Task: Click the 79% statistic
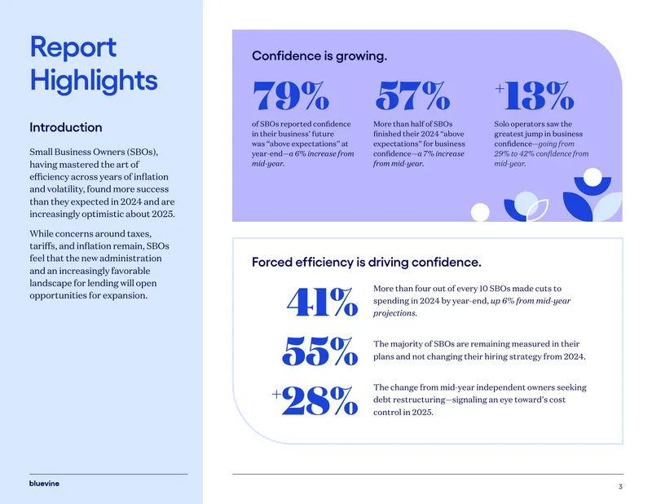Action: (x=291, y=95)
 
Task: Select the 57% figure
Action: (x=412, y=95)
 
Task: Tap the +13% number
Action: (x=535, y=95)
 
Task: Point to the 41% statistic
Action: (x=322, y=302)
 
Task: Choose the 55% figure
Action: (x=319, y=351)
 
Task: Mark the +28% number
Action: (x=315, y=400)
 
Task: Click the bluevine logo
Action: (x=44, y=484)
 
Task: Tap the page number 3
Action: (x=620, y=487)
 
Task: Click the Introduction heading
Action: (x=66, y=127)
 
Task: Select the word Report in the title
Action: (x=73, y=46)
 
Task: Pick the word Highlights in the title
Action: (x=94, y=81)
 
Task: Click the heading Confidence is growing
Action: (x=319, y=55)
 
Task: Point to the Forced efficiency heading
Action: (x=366, y=263)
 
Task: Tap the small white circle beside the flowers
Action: (x=480, y=212)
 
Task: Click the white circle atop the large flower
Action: (x=593, y=177)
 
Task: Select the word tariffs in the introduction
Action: (x=42, y=246)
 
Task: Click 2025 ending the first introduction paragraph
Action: (x=163, y=214)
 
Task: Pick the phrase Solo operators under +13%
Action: (x=521, y=124)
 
